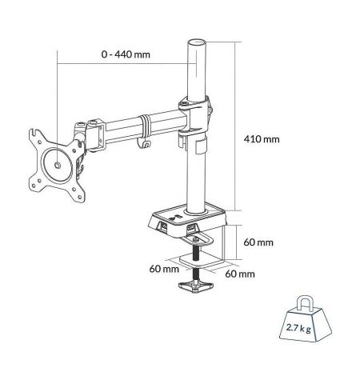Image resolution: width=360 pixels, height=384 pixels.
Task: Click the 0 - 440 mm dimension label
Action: point(126,54)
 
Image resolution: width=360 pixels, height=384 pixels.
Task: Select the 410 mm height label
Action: point(262,139)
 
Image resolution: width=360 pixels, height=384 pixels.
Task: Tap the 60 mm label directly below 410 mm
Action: point(258,242)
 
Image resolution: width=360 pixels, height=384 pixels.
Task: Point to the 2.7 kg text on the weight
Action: point(298,328)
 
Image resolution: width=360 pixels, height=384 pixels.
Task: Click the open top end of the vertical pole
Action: point(197,42)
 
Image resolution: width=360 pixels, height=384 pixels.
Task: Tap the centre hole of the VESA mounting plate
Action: point(58,166)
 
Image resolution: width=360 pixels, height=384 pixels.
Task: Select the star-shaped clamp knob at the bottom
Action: point(196,286)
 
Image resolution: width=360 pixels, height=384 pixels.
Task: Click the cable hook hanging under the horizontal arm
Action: point(144,143)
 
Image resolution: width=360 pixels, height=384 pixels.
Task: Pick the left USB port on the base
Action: point(162,226)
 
